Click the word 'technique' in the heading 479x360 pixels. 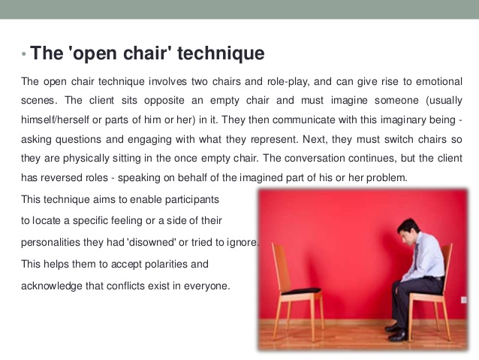[221, 53]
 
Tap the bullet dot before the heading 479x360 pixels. [24, 54]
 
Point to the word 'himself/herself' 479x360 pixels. [55, 119]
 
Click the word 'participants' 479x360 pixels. [192, 200]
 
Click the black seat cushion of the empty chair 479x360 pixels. [301, 291]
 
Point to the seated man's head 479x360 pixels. [408, 230]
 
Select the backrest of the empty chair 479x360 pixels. [281, 267]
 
